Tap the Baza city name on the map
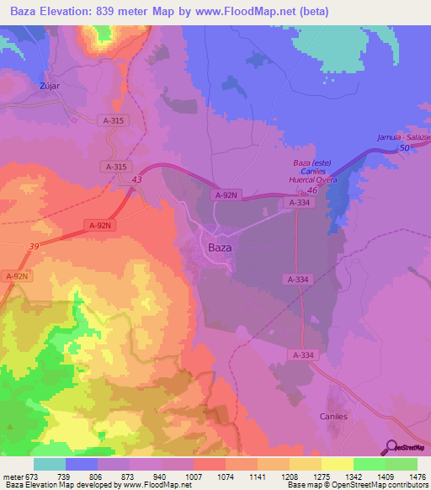[x=220, y=248]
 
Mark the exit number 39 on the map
[x=33, y=245]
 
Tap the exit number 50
[x=404, y=147]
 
